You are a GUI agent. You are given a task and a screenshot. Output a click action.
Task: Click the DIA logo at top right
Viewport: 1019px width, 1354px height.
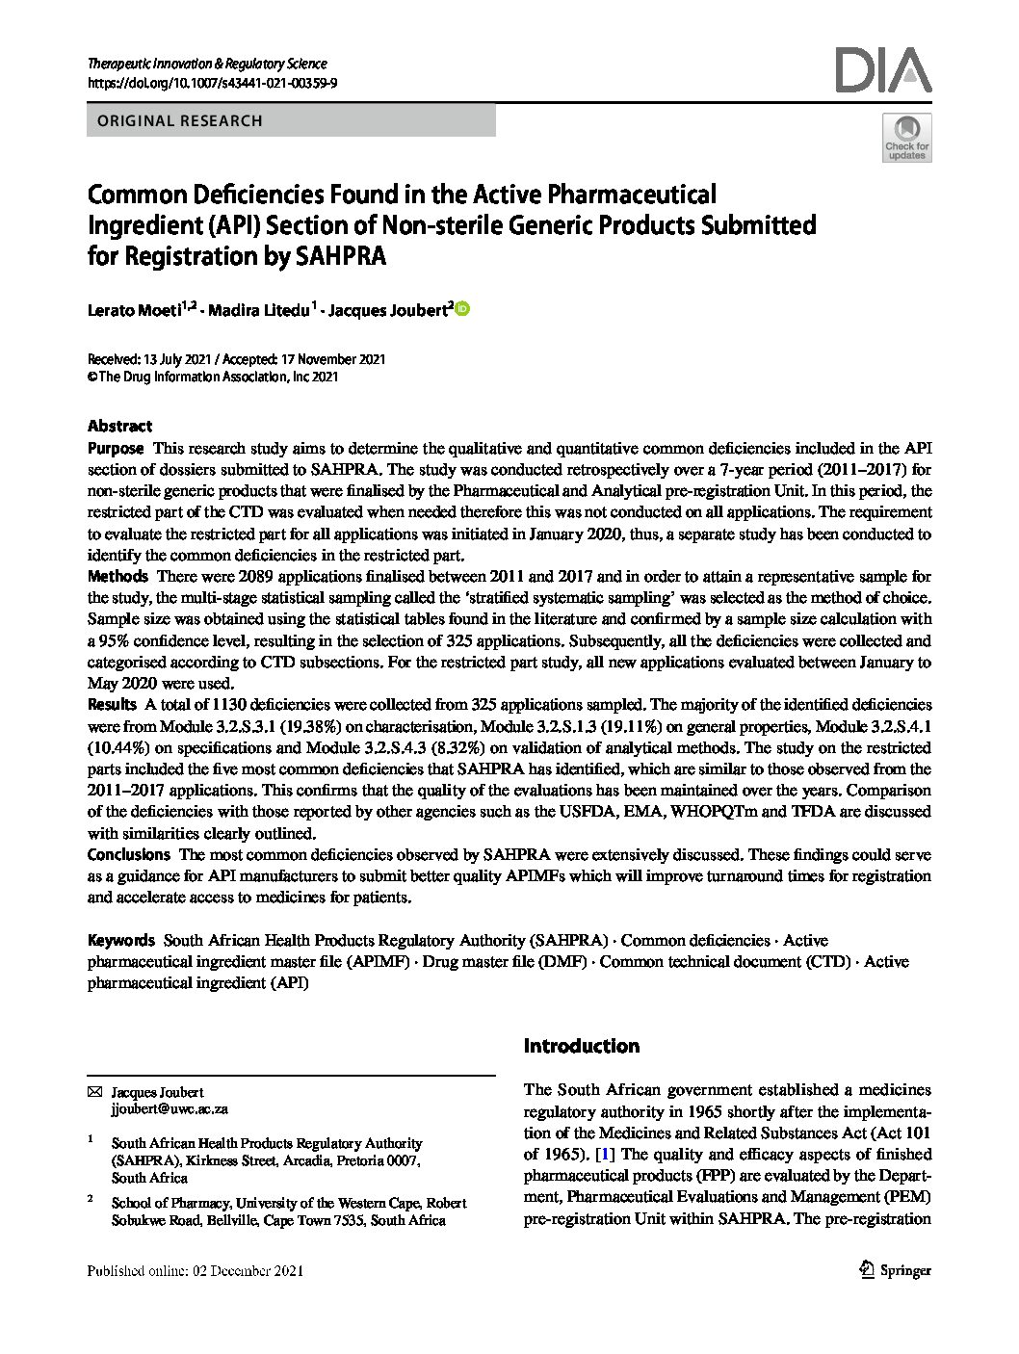[883, 70]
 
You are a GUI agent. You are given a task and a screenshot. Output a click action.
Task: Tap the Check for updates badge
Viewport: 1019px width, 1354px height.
[906, 137]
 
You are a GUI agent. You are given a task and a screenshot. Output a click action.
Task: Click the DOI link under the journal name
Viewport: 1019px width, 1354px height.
[212, 84]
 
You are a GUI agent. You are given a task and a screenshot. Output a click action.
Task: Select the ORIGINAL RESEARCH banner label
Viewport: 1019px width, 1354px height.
[174, 121]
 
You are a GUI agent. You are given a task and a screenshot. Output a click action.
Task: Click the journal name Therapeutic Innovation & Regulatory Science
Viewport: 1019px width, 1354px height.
[207, 64]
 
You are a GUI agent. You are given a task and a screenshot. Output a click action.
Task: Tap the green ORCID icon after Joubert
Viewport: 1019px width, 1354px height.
[461, 309]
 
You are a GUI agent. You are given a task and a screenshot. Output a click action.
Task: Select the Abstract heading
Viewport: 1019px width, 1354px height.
[119, 426]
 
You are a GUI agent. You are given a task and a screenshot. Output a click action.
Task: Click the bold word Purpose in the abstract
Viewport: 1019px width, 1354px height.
[116, 449]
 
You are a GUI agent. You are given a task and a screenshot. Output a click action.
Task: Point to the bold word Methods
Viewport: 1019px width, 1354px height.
[118, 576]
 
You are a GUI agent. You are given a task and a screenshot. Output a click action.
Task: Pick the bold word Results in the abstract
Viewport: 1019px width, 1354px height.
[112, 705]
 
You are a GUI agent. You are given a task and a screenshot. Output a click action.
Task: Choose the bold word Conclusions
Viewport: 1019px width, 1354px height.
[128, 854]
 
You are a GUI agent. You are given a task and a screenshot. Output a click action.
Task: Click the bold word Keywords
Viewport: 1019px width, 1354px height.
[120, 940]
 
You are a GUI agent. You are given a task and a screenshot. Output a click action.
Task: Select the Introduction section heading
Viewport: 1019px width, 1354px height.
[581, 1046]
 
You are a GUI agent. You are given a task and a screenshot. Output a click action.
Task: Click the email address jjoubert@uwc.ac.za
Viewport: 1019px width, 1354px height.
[170, 1109]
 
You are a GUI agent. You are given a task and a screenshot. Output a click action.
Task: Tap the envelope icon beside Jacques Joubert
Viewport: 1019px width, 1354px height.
[93, 1092]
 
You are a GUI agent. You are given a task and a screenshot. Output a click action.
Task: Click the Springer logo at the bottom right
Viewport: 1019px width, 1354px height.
[895, 1270]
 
